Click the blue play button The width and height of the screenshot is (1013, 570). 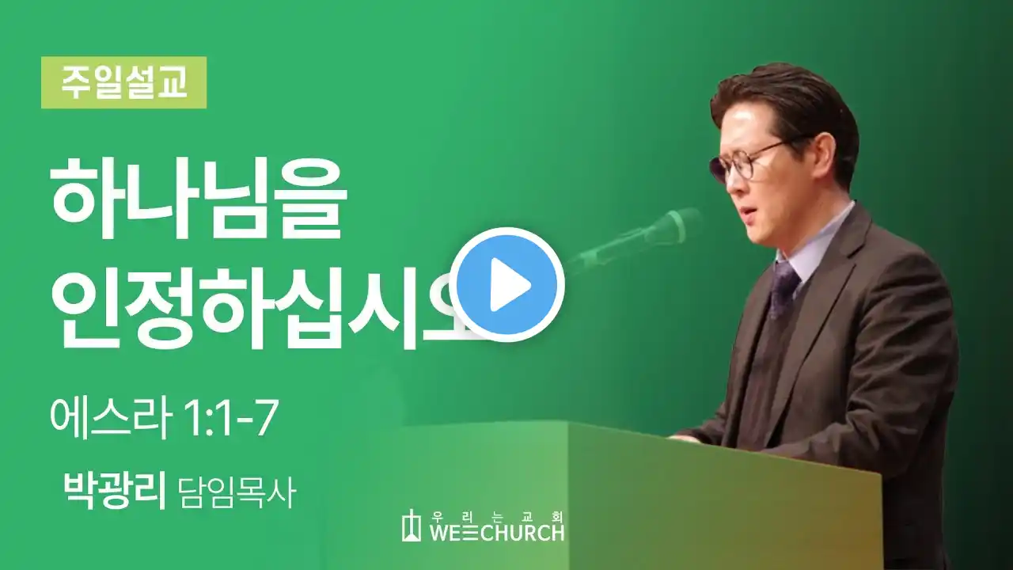(x=507, y=284)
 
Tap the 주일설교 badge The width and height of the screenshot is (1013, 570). (x=124, y=82)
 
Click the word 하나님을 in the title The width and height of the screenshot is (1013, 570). (x=199, y=198)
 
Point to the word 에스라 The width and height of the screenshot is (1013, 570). (x=112, y=419)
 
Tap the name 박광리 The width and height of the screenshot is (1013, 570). (x=115, y=491)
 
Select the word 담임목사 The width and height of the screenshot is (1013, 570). (x=237, y=492)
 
